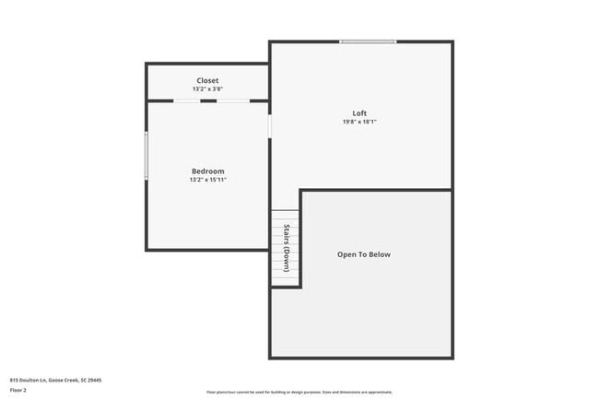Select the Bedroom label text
tap(207, 171)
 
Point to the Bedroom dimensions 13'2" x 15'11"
tap(207, 180)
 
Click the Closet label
tap(207, 81)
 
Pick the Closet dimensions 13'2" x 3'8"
tap(207, 89)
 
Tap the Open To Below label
tap(363, 254)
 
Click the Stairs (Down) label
tap(287, 248)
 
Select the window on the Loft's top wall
tap(368, 41)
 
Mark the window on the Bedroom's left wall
tap(146, 155)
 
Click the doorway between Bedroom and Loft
tap(269, 125)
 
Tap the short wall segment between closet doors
tap(209, 100)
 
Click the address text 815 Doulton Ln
tap(29, 379)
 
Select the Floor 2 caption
tap(18, 390)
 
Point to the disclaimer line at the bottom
tap(299, 392)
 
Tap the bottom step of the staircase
tap(279, 282)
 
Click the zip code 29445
tap(95, 379)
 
